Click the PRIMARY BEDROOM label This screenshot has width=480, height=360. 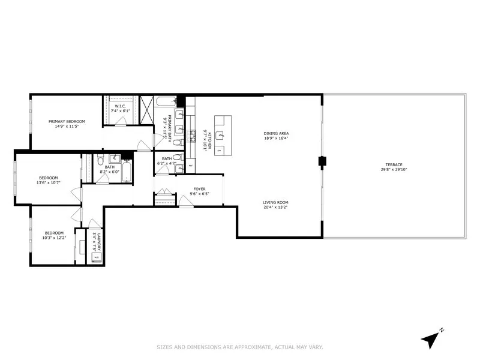tap(67, 121)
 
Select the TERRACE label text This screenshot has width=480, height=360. tap(394, 165)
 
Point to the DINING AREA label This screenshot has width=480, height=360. tap(276, 133)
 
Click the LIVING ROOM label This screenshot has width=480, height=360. tap(275, 202)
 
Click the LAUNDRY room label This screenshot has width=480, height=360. tap(94, 240)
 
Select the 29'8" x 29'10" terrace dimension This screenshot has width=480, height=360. tap(394, 170)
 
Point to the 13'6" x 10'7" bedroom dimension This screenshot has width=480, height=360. tap(49, 182)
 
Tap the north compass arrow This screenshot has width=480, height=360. tap(430, 339)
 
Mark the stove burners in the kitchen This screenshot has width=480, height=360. tap(194, 137)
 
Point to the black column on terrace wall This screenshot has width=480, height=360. tap(322, 160)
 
